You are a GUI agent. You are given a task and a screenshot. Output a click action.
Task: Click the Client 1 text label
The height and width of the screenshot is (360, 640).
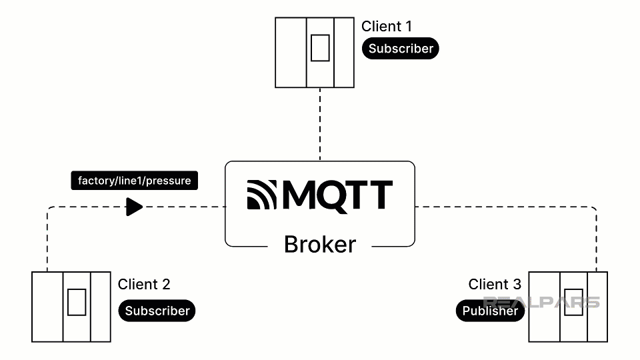click(x=387, y=27)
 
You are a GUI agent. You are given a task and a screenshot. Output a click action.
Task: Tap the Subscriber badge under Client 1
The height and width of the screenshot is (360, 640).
click(x=401, y=49)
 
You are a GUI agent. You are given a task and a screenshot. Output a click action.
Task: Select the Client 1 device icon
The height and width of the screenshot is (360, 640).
click(x=315, y=53)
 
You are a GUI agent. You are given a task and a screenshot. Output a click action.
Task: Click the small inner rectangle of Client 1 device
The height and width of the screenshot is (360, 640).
click(x=320, y=47)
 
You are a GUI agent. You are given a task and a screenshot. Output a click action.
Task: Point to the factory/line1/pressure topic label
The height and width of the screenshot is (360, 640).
click(x=134, y=181)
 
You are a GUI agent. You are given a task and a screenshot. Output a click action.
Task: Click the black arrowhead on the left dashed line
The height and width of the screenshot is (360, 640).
click(x=135, y=207)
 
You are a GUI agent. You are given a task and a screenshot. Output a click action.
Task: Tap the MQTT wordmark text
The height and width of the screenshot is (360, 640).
click(x=337, y=195)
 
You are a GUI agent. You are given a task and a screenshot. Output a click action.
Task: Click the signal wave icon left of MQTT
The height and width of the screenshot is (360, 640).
click(x=262, y=195)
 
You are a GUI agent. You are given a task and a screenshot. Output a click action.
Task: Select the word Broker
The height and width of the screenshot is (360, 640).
click(x=320, y=245)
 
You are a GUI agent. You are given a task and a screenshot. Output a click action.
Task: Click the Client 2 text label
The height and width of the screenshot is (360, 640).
click(x=144, y=285)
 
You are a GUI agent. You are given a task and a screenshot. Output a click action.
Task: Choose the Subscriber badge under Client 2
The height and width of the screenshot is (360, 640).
click(x=157, y=311)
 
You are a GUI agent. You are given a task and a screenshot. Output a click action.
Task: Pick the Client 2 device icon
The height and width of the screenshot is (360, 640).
click(x=71, y=307)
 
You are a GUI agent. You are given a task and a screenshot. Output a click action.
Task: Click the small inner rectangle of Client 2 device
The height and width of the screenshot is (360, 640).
click(x=77, y=302)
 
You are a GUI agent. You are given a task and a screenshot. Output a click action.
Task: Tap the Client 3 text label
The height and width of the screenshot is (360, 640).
click(x=495, y=285)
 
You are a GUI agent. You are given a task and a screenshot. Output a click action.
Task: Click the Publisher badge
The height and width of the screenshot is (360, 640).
click(x=490, y=311)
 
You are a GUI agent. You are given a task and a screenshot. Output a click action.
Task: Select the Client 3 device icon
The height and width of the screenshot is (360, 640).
click(x=568, y=307)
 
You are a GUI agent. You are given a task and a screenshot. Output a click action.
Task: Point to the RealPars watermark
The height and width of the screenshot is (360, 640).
click(x=541, y=302)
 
